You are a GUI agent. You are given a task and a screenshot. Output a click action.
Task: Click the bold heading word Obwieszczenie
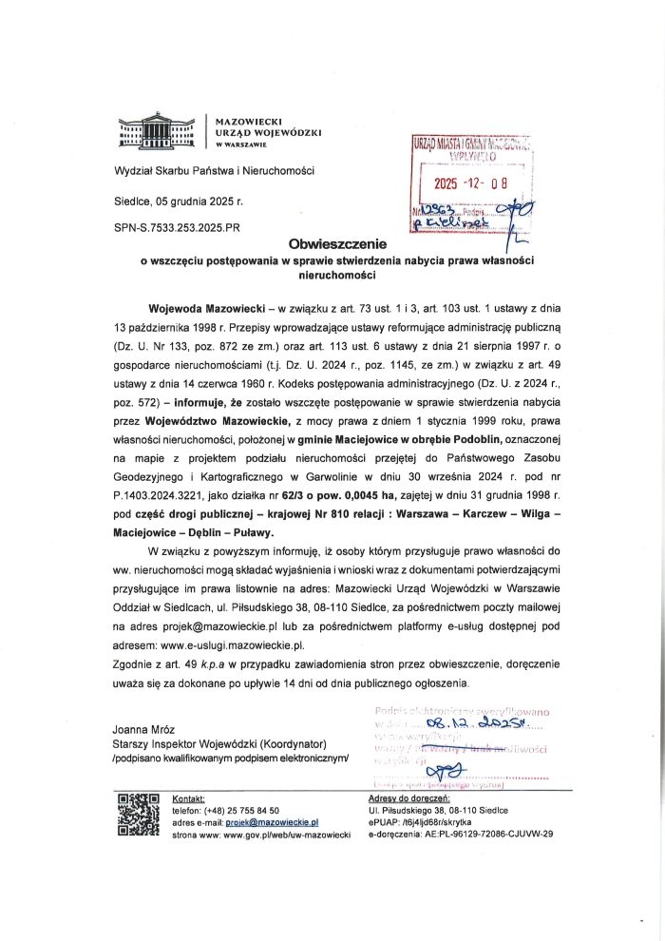click(332, 244)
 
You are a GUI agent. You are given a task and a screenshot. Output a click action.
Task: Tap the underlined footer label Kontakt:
click(188, 800)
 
